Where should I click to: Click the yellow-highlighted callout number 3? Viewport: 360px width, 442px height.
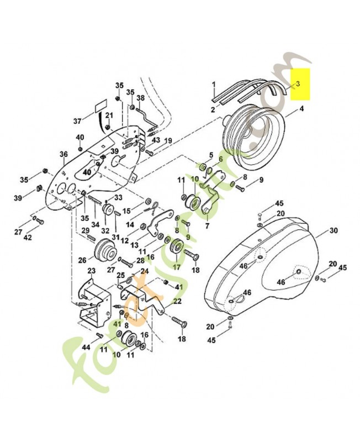tap(298, 84)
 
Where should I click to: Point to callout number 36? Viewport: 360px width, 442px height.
tap(63, 154)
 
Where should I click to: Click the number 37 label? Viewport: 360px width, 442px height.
tap(77, 120)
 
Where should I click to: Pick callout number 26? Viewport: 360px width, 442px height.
tap(82, 259)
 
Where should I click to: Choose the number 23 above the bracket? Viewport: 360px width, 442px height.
tap(91, 271)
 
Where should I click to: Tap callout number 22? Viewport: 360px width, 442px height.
tap(177, 301)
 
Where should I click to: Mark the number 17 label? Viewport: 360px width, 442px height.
tap(177, 267)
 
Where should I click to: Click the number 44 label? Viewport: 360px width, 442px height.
tap(86, 348)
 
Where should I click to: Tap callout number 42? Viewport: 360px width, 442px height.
tap(28, 238)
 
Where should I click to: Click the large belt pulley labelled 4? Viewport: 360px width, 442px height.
tap(254, 141)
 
